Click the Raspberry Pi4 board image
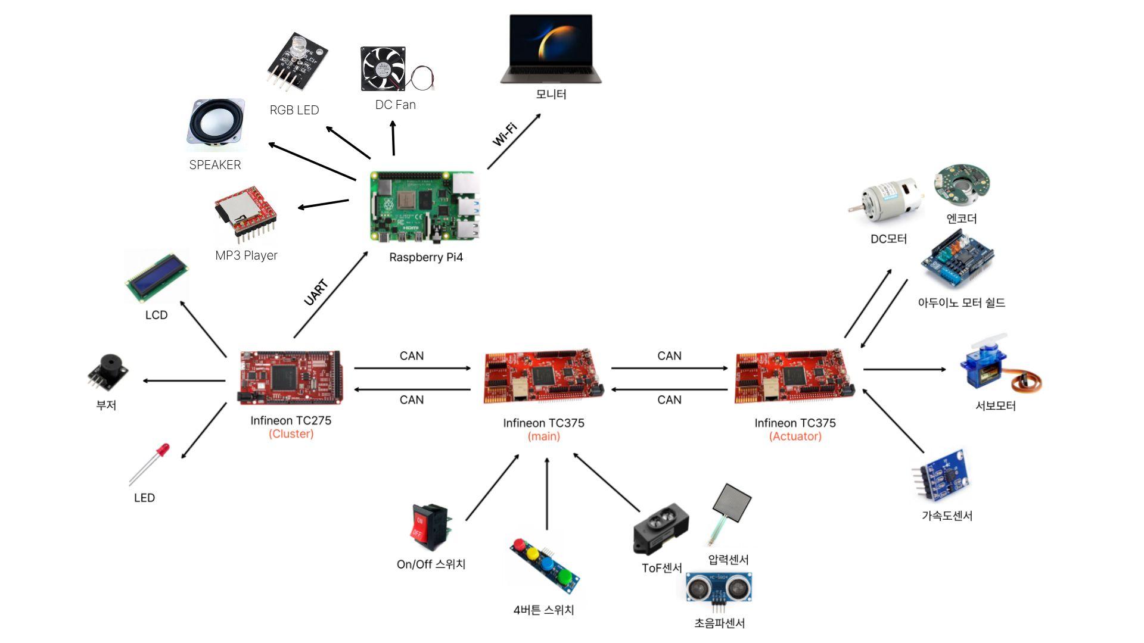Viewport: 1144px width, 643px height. tap(424, 206)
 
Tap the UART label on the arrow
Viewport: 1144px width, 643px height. tap(316, 292)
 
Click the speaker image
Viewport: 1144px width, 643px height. tap(216, 124)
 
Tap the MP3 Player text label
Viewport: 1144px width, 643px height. tap(246, 255)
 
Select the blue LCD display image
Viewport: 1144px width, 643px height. tap(157, 277)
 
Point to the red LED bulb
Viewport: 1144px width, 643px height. tap(162, 450)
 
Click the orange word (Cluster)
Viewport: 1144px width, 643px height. tap(291, 434)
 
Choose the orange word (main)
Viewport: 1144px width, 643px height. tap(543, 436)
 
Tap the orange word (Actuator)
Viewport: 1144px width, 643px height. tap(795, 436)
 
